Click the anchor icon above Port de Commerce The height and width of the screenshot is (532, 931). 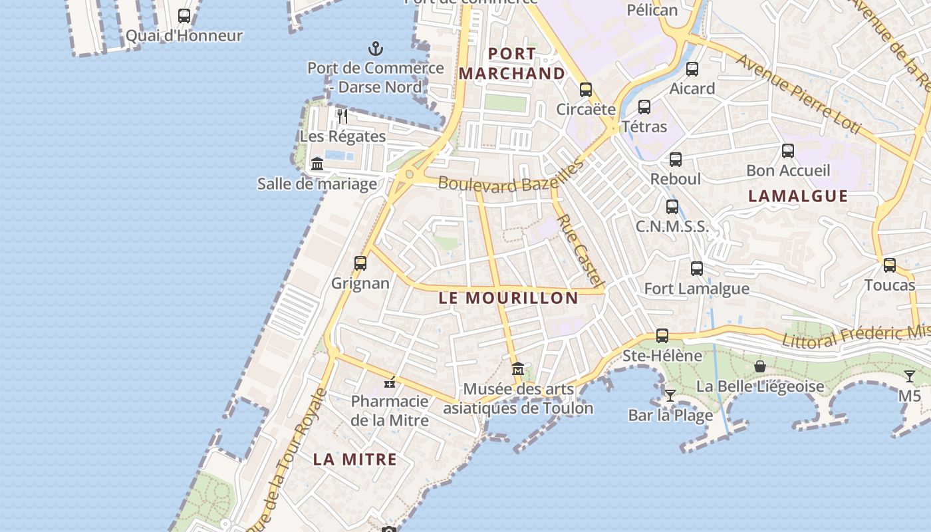(x=376, y=49)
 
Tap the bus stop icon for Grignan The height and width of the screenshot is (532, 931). (x=360, y=263)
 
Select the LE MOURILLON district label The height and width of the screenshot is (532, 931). (x=509, y=298)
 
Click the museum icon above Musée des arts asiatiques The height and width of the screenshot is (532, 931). (x=518, y=368)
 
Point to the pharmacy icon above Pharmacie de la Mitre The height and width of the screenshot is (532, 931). (x=390, y=382)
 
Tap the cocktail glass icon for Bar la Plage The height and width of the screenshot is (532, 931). (x=670, y=396)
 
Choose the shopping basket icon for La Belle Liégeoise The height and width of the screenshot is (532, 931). (x=760, y=366)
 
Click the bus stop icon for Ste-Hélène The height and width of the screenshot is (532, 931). (x=662, y=336)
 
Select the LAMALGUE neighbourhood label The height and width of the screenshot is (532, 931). (x=798, y=196)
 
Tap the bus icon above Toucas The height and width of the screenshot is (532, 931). (x=890, y=266)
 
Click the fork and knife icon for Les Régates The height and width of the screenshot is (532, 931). (x=342, y=116)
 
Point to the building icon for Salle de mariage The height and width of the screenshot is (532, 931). (x=317, y=164)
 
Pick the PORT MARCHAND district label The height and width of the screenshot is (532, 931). (x=512, y=63)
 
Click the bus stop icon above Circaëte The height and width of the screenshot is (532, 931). (x=586, y=90)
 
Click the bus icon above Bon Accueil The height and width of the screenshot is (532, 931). (x=788, y=151)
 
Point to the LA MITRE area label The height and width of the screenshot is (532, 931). (x=355, y=459)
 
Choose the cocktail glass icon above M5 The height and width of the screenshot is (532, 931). (x=910, y=376)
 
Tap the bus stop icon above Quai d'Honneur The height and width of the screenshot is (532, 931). (x=184, y=16)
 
